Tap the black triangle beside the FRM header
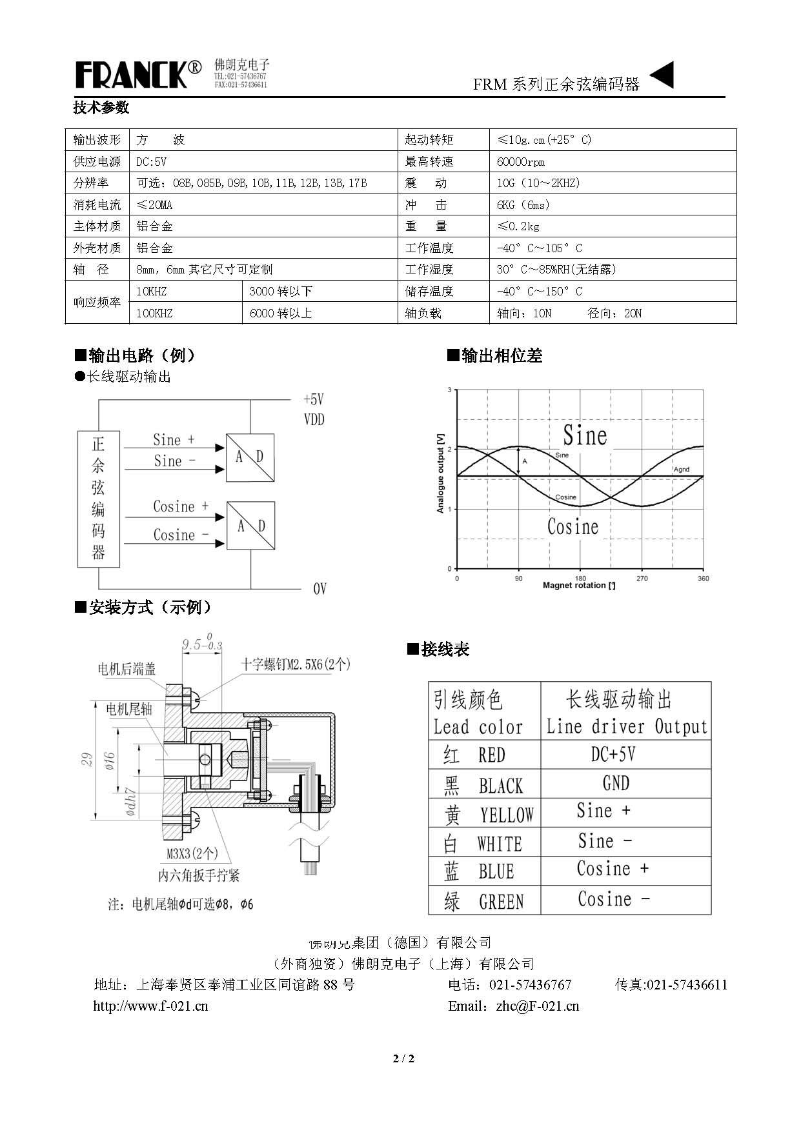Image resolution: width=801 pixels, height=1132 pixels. (663, 75)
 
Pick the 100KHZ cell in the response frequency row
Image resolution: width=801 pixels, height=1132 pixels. (154, 313)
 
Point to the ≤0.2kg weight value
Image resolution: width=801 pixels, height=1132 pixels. (518, 226)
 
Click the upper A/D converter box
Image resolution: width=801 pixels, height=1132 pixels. (250, 457)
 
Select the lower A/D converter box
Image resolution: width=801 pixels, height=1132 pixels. (250, 526)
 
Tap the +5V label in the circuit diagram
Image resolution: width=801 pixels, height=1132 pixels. (314, 399)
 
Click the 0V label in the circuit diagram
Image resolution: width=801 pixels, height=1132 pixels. (319, 589)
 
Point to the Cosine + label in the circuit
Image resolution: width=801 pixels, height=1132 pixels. (181, 506)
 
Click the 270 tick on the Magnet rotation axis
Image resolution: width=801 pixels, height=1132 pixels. (642, 579)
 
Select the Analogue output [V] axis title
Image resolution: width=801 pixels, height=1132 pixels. (441, 473)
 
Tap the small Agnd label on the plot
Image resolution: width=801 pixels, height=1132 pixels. (682, 470)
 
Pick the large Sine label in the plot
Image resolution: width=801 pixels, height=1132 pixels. (585, 435)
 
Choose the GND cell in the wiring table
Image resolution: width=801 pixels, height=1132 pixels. (616, 784)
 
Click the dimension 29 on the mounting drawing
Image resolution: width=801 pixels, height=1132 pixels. (87, 759)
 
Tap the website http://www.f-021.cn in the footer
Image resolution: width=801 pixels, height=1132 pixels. (150, 1006)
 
